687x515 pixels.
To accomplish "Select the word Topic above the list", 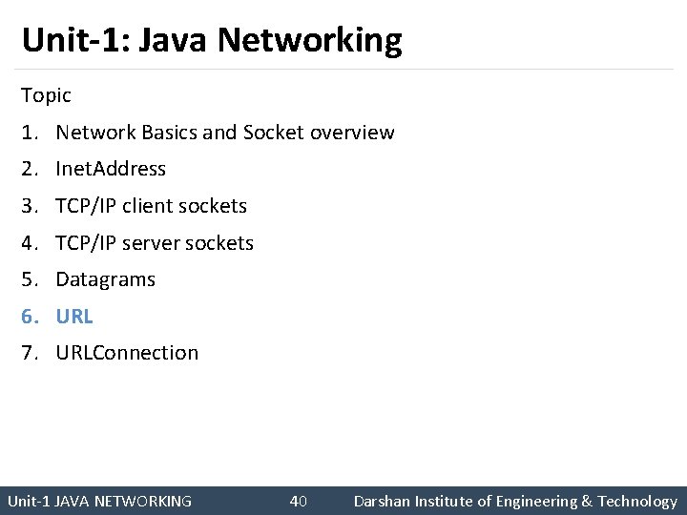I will coord(46,95).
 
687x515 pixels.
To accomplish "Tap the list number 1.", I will coord(29,133).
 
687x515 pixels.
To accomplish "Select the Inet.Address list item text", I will coord(111,169).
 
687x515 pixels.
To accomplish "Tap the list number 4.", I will coord(29,243).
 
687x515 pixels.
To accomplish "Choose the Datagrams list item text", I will coord(105,279).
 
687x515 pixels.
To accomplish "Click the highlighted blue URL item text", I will coord(74,317).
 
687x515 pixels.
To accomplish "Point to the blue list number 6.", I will coord(29,317).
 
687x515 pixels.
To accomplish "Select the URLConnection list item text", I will coord(127,353).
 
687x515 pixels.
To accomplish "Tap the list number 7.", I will coord(29,353).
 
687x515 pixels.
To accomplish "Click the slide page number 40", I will coord(298,502).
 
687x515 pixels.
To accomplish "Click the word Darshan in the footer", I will coord(382,502).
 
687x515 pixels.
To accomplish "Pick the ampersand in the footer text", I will coord(586,502).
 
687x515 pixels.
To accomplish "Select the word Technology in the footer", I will coord(637,502).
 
